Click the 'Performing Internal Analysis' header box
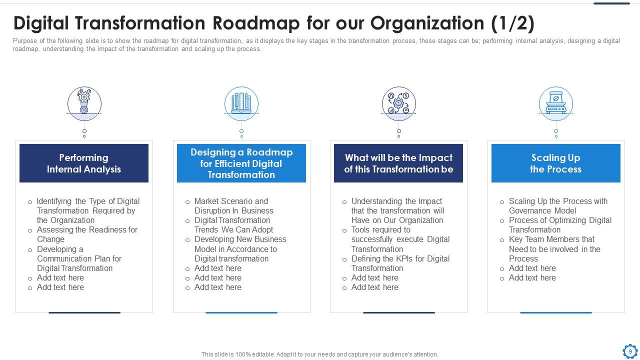[x=84, y=163]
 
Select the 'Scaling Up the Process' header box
[x=555, y=163]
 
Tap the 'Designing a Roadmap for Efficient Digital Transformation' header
[x=241, y=163]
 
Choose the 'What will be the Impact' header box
[x=398, y=163]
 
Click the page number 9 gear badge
[x=630, y=351]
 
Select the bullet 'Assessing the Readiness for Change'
[x=87, y=234]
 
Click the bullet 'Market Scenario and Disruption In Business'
[x=233, y=206]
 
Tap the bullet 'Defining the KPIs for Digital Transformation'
[x=400, y=263]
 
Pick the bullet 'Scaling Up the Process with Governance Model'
[x=558, y=206]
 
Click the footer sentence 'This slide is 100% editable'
[x=319, y=354]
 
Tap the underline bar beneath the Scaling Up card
[x=555, y=312]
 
